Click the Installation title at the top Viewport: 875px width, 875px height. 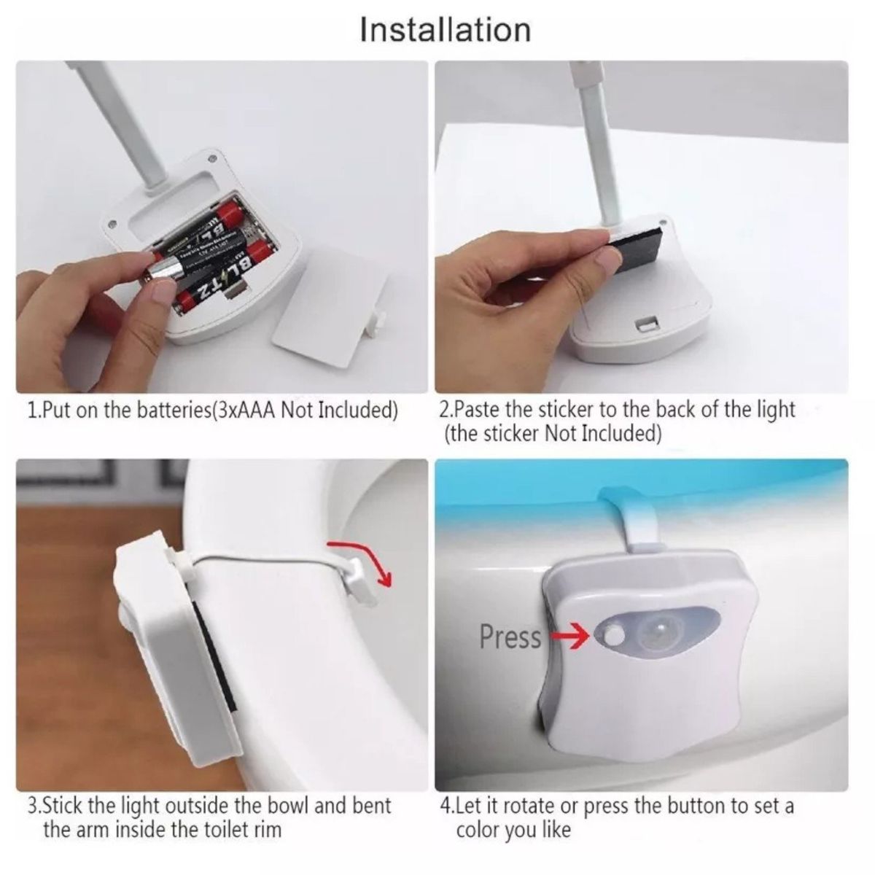coord(445,30)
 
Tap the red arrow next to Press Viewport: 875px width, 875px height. coord(570,637)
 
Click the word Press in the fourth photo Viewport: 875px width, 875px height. coord(510,637)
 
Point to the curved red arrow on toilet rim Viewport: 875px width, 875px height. coord(365,560)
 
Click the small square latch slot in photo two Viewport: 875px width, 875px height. coord(647,322)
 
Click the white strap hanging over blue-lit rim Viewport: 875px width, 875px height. coord(635,521)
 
